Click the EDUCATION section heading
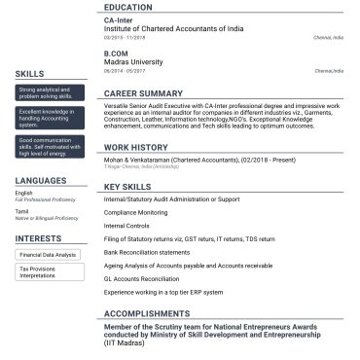click(x=126, y=7)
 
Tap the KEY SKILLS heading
click(x=126, y=186)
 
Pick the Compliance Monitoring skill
click(x=134, y=212)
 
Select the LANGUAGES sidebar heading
click(x=41, y=181)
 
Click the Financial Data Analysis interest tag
click(x=48, y=255)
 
